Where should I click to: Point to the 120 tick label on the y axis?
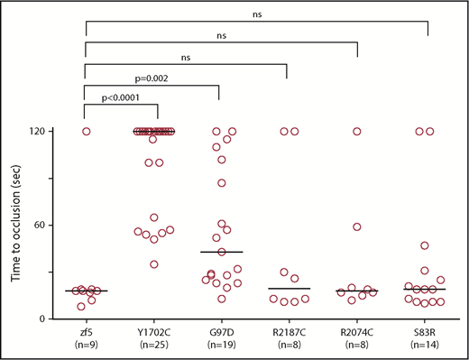tap(45, 132)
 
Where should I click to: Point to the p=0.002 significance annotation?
tap(149, 78)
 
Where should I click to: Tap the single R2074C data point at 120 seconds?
tap(357, 132)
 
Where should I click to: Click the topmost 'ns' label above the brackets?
tap(256, 13)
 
